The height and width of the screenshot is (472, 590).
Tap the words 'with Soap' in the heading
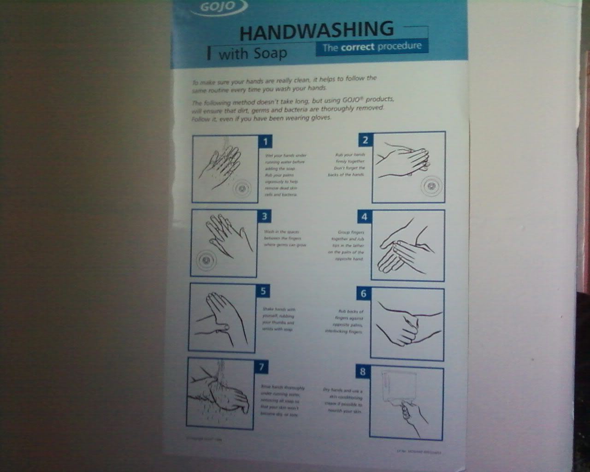253,53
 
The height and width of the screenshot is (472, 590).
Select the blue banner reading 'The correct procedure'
372,47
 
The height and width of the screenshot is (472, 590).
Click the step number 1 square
265,141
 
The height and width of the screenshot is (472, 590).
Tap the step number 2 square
365,140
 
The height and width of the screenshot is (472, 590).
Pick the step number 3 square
264,216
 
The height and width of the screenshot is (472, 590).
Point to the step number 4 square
364,217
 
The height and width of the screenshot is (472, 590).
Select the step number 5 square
263,290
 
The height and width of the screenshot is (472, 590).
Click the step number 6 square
363,293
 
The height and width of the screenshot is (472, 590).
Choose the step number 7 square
261,366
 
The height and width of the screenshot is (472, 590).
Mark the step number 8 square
362,371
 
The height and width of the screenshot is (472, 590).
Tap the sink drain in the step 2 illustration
431,186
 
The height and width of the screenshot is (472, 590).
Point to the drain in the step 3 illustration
206,260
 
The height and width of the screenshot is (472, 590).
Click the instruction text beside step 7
282,401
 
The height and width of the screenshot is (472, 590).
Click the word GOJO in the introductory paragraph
352,100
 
